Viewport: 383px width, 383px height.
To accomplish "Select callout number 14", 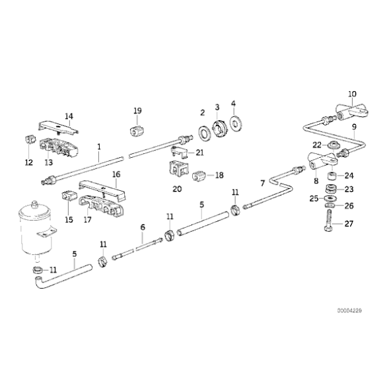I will (69, 117).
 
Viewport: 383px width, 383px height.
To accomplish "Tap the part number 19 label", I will (137, 110).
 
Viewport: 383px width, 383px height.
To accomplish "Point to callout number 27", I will (349, 223).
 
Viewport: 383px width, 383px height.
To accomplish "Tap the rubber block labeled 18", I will (199, 176).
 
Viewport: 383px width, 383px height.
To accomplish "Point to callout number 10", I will (351, 94).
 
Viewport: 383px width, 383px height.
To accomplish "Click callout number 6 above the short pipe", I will (142, 227).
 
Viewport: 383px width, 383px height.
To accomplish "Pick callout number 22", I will (316, 145).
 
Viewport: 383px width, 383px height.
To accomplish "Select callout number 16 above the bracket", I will (116, 175).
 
